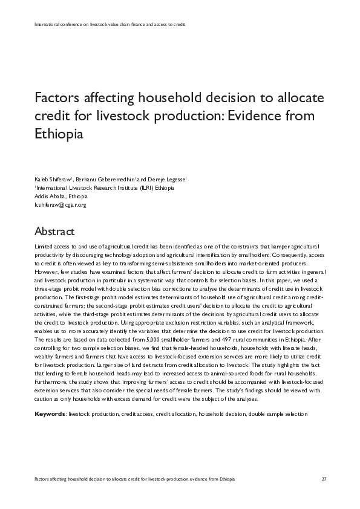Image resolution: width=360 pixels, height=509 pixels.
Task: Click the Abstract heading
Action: pos(54,232)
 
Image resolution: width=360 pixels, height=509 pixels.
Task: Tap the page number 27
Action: pos(324,479)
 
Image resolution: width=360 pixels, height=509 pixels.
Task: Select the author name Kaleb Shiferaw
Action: pos(53,180)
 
